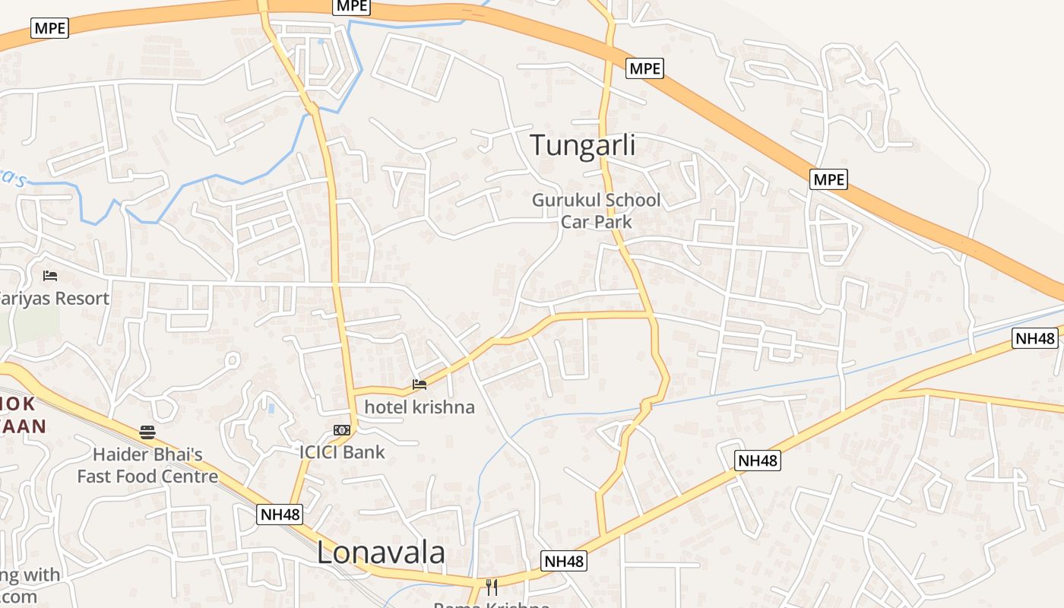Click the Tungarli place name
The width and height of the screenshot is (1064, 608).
click(x=582, y=144)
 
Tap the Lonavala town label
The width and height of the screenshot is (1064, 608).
click(x=381, y=553)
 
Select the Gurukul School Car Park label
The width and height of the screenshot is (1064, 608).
click(x=596, y=211)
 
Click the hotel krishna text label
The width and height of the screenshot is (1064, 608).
click(x=420, y=407)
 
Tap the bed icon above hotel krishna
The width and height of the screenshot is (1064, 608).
click(x=420, y=385)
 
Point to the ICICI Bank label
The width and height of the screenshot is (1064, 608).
click(x=342, y=452)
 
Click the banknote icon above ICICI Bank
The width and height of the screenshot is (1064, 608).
click(x=342, y=430)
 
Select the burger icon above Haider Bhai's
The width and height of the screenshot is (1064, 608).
click(x=147, y=432)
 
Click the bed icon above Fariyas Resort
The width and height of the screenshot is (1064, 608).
click(x=50, y=275)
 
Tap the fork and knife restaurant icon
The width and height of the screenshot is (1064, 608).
click(x=492, y=587)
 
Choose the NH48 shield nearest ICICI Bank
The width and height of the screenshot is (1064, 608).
click(x=280, y=515)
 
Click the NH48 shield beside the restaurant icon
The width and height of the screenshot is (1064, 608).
click(x=564, y=562)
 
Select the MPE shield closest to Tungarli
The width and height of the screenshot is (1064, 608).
click(x=645, y=68)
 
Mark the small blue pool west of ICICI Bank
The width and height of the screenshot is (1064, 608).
click(x=271, y=408)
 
